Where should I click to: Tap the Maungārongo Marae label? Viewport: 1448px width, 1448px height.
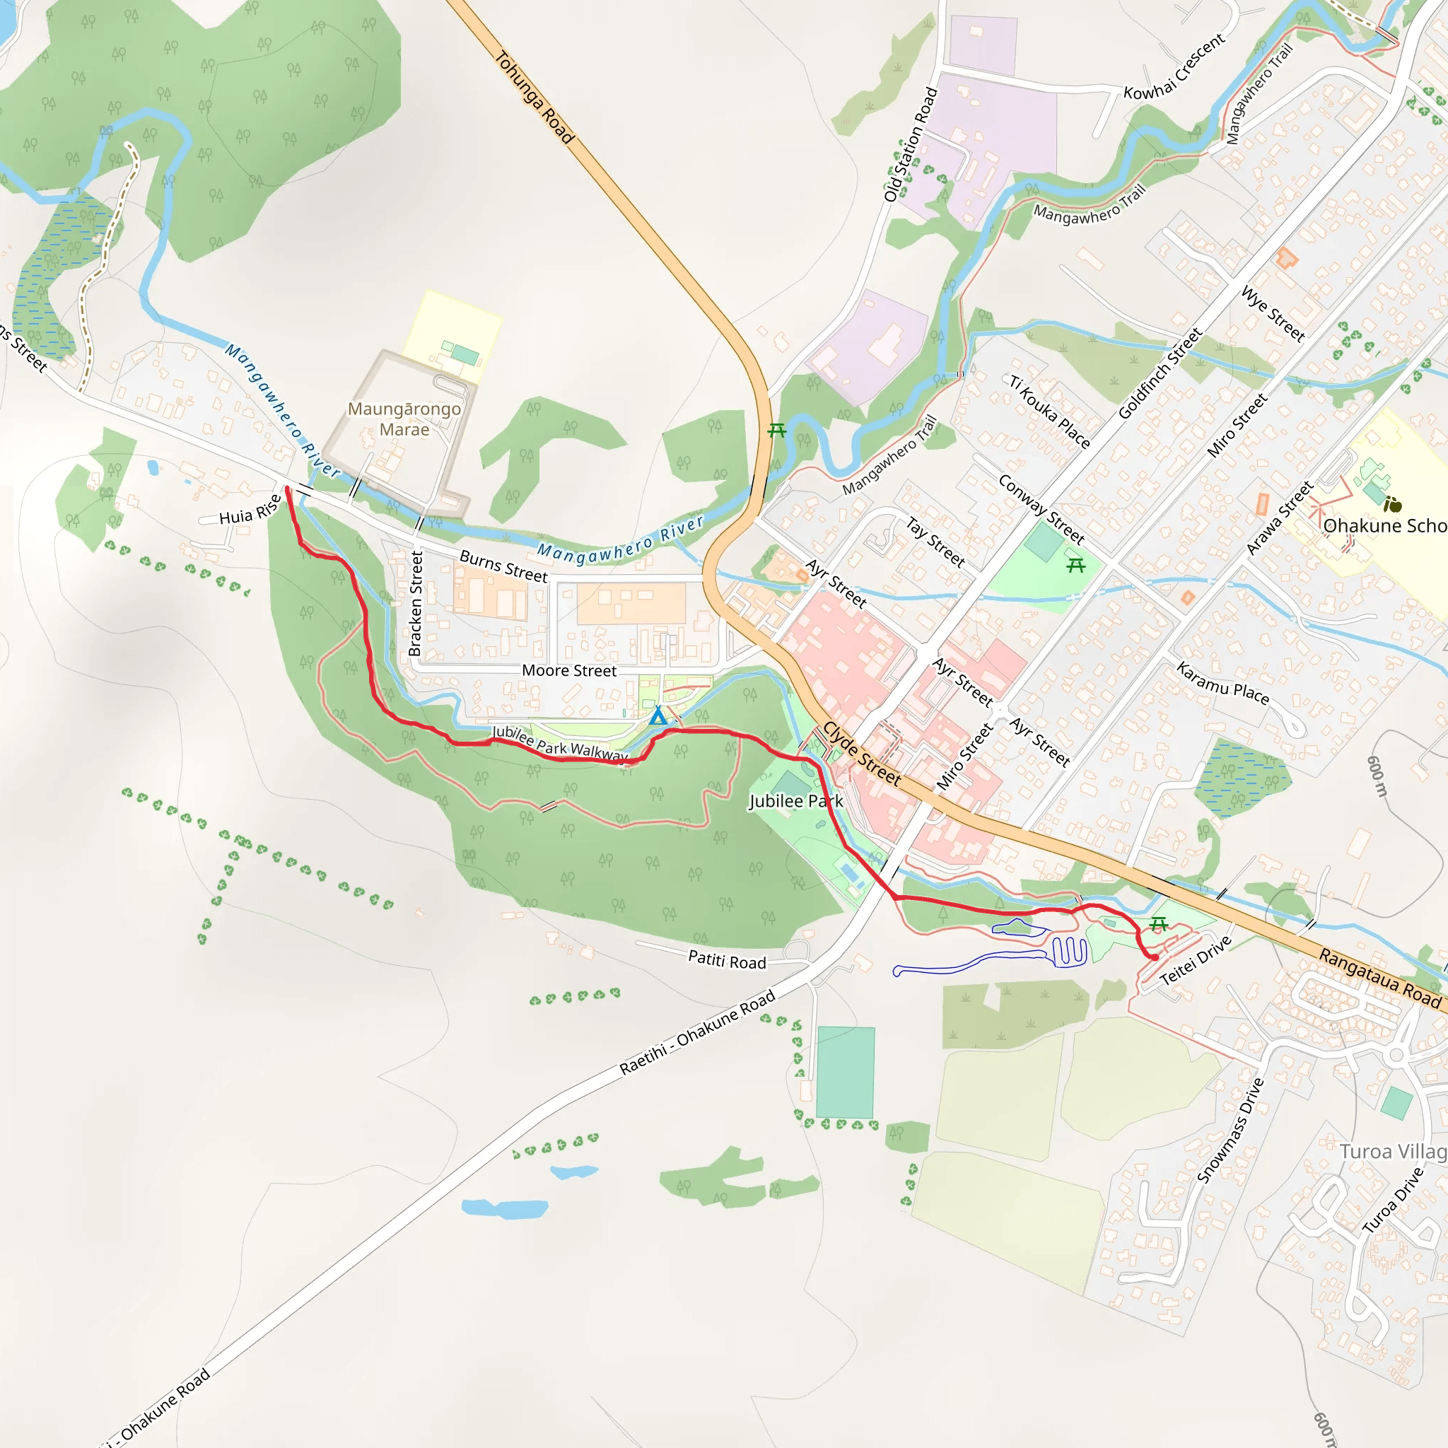[404, 419]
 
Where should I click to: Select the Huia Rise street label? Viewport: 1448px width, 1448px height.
[250, 510]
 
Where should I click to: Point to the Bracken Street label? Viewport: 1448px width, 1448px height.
[416, 604]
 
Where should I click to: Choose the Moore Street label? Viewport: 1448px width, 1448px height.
[569, 671]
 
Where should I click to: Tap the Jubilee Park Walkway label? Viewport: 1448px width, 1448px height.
[559, 744]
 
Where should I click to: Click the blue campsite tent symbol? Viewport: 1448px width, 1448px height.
[658, 716]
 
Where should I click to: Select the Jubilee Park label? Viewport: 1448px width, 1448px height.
[796, 801]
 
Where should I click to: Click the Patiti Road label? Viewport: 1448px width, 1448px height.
[727, 960]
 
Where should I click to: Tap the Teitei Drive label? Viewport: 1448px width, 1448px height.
[1196, 961]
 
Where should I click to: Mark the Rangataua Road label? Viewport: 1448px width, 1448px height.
[1379, 978]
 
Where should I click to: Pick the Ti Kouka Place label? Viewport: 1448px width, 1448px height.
[1049, 411]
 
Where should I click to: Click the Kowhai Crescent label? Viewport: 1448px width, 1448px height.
[1174, 66]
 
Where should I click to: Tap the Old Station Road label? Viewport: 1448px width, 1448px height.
[911, 145]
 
